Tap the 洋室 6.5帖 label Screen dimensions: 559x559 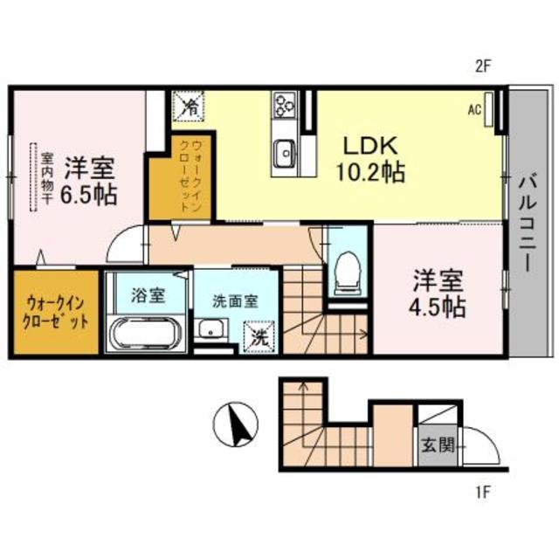point(89,182)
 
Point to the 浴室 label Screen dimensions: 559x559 point(148,294)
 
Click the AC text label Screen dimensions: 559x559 point(475,110)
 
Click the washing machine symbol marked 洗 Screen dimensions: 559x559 point(259,334)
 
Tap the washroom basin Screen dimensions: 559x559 point(210,330)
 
